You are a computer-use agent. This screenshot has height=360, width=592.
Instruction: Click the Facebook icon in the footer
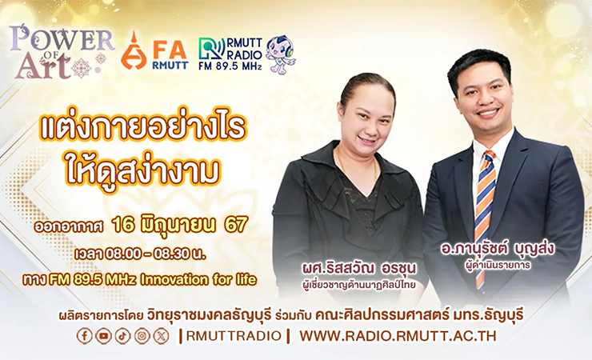click(x=84, y=336)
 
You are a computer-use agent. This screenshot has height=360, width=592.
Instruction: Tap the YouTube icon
click(x=103, y=336)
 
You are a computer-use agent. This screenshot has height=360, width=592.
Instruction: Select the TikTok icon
click(x=122, y=336)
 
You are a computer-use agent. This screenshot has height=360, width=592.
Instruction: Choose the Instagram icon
click(x=142, y=336)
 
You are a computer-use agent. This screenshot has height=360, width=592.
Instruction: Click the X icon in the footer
click(x=162, y=336)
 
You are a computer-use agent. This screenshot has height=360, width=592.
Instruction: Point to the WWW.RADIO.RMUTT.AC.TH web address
click(x=398, y=336)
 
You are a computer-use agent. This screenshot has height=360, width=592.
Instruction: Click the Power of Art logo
click(x=61, y=52)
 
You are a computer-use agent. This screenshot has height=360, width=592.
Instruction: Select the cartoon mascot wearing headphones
click(x=281, y=54)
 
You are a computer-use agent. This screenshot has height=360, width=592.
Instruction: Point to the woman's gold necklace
click(x=357, y=166)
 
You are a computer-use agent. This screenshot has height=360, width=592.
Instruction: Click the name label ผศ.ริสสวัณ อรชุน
click(x=358, y=269)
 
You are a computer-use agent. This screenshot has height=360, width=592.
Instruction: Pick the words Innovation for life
click(x=198, y=280)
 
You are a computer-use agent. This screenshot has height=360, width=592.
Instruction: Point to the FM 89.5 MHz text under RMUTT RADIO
click(x=230, y=66)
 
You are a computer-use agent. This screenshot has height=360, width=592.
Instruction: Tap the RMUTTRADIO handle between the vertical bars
click(x=234, y=336)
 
